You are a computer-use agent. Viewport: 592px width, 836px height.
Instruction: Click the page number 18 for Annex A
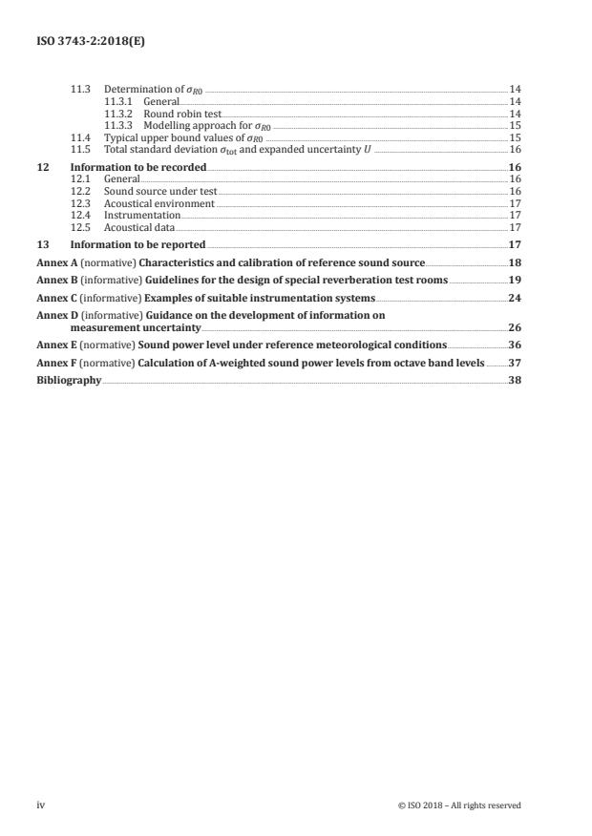[x=515, y=261]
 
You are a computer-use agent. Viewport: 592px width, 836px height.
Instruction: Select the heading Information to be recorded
[x=138, y=166]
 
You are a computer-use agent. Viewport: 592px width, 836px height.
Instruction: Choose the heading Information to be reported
[x=138, y=244]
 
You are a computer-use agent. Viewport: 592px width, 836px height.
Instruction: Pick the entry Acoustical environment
[x=159, y=203]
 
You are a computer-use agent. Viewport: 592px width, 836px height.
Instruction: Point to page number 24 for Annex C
[x=515, y=298]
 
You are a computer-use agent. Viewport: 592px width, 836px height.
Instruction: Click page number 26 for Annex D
[x=515, y=327]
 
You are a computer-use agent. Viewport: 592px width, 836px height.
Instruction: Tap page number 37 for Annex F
[x=515, y=362]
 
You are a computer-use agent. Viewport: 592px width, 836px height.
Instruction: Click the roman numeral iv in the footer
[x=41, y=805]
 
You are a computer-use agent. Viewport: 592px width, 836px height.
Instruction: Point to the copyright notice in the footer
[x=459, y=805]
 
